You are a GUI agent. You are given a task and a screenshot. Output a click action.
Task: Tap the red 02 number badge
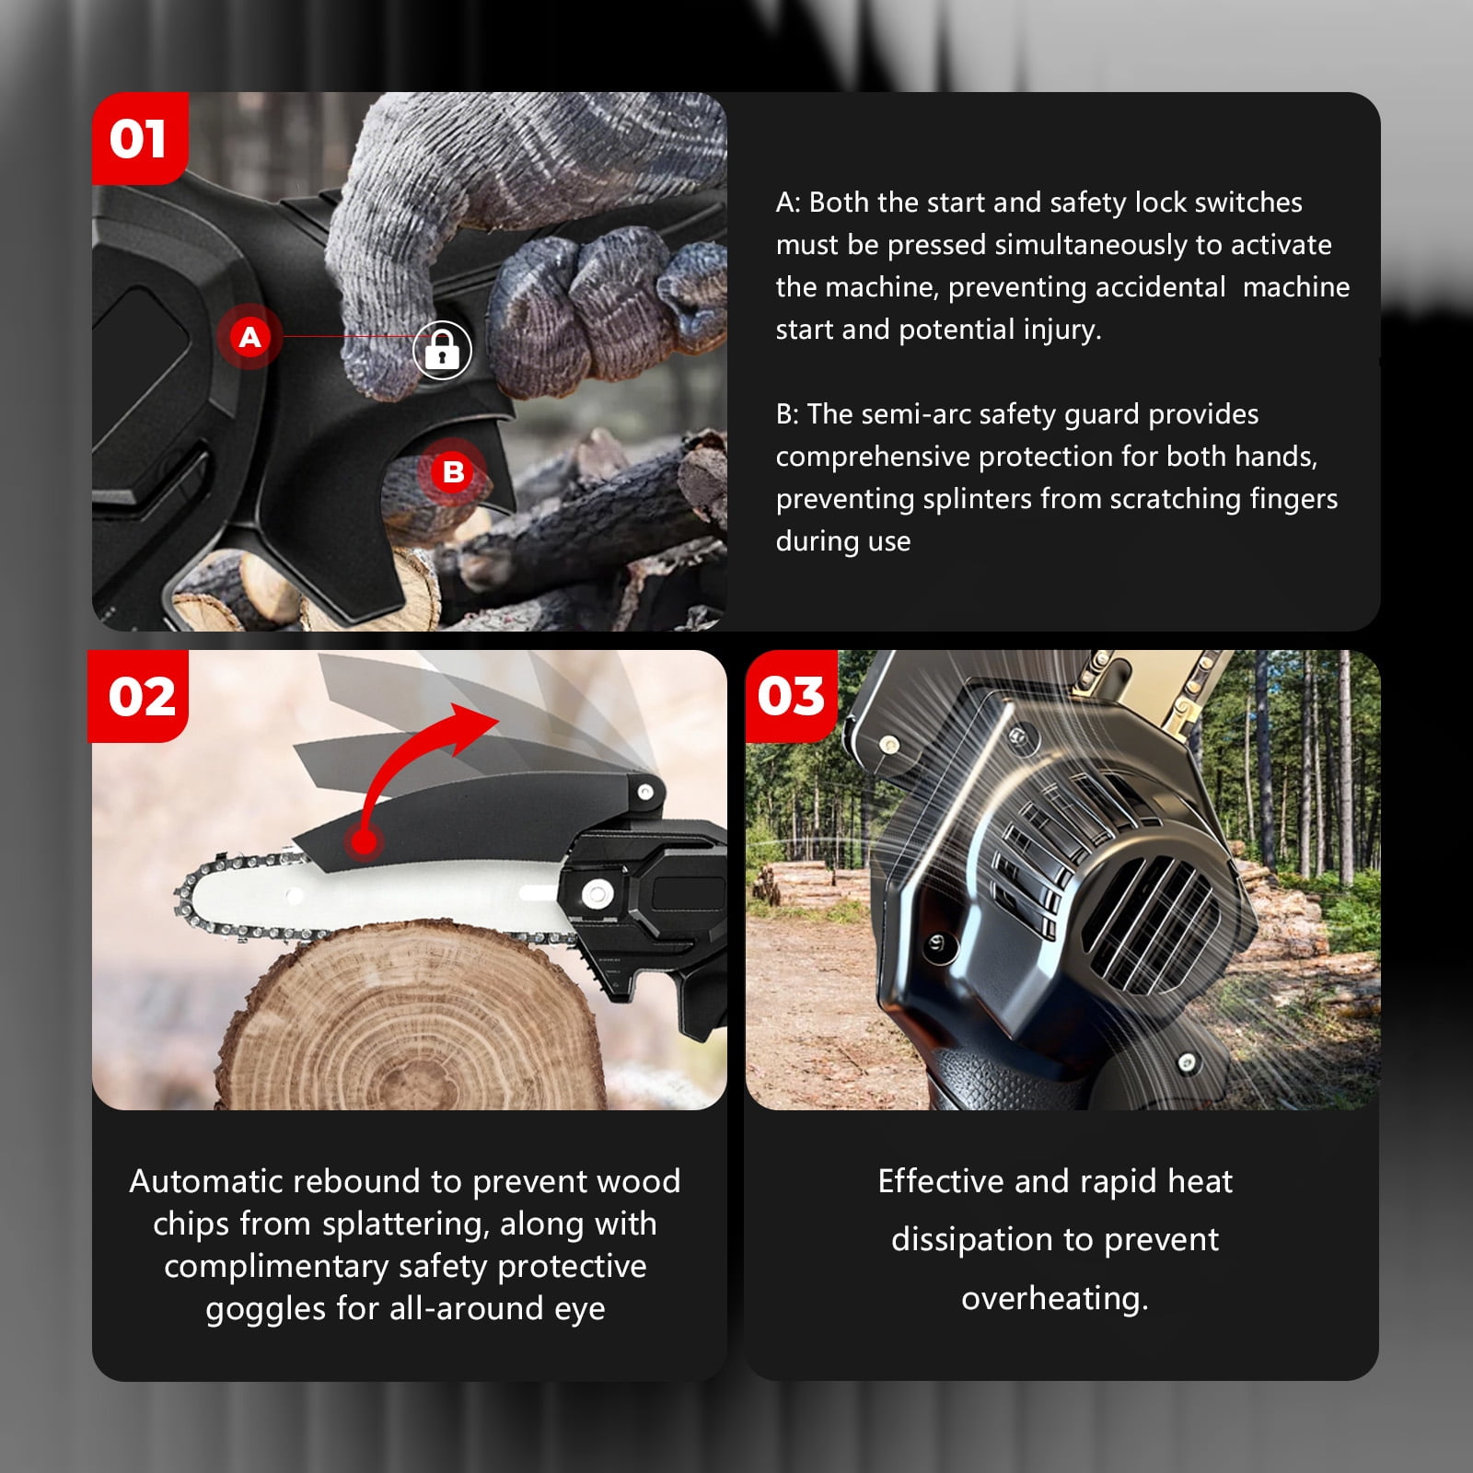139,696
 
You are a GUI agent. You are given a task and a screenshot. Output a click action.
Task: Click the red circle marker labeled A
249,337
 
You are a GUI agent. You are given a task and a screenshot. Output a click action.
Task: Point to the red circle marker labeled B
453,472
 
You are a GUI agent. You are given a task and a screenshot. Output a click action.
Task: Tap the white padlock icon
442,350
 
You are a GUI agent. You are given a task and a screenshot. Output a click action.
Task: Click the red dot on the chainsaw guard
365,841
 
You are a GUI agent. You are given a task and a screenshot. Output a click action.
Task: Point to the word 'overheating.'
1055,1298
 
